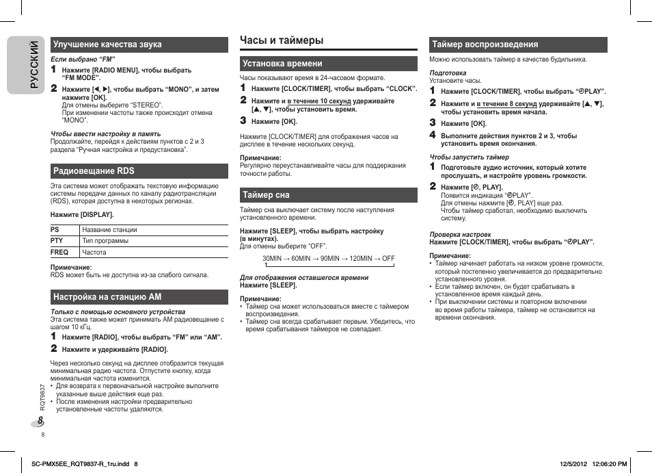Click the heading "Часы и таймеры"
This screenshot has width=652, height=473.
[282, 40]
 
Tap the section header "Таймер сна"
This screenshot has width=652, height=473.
[267, 195]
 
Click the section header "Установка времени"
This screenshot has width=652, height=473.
[282, 64]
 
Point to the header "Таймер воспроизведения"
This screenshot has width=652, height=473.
[485, 44]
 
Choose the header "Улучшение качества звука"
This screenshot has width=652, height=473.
[107, 44]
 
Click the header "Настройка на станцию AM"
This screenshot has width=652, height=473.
[107, 297]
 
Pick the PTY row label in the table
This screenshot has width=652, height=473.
[57, 241]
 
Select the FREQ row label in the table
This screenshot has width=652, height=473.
[59, 252]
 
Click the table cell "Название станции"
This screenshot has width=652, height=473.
[109, 230]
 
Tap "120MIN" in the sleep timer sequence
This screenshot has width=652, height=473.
[361, 259]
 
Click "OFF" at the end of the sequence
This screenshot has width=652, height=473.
[388, 259]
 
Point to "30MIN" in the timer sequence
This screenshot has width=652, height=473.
[272, 259]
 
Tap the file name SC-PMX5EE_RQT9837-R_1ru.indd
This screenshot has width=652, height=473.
[81, 464]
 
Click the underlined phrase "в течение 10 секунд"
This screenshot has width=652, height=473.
[319, 101]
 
